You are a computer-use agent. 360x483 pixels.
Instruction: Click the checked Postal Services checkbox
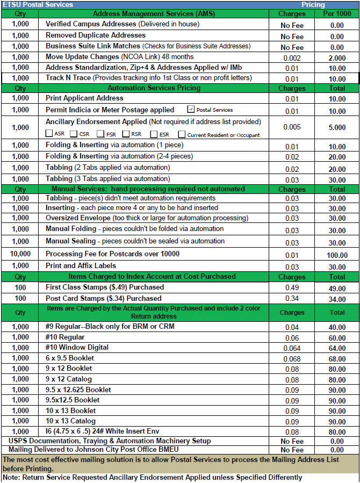click(191, 110)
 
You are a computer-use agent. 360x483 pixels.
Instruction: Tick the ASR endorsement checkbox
click(49, 134)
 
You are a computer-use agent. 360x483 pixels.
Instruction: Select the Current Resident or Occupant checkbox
click(182, 134)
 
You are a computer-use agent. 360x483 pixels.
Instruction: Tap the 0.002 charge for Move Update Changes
click(292, 58)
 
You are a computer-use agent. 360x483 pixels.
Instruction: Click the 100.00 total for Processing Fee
click(337, 256)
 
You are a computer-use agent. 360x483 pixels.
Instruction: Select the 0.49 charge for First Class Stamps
click(292, 288)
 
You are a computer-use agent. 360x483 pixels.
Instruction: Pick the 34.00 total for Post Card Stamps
click(337, 299)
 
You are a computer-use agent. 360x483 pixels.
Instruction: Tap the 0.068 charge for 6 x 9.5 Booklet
click(292, 358)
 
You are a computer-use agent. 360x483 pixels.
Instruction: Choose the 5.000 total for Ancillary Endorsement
click(337, 128)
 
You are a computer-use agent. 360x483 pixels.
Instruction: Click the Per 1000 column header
click(337, 13)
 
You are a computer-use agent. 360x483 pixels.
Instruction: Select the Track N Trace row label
click(69, 78)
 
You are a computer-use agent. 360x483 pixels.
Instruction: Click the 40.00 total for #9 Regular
click(337, 327)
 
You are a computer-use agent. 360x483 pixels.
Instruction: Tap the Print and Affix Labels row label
click(81, 265)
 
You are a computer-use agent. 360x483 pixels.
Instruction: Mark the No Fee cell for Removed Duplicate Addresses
click(292, 37)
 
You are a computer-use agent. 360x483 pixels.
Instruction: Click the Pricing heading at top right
click(313, 4)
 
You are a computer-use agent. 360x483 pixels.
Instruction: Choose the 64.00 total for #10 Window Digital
click(337, 348)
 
